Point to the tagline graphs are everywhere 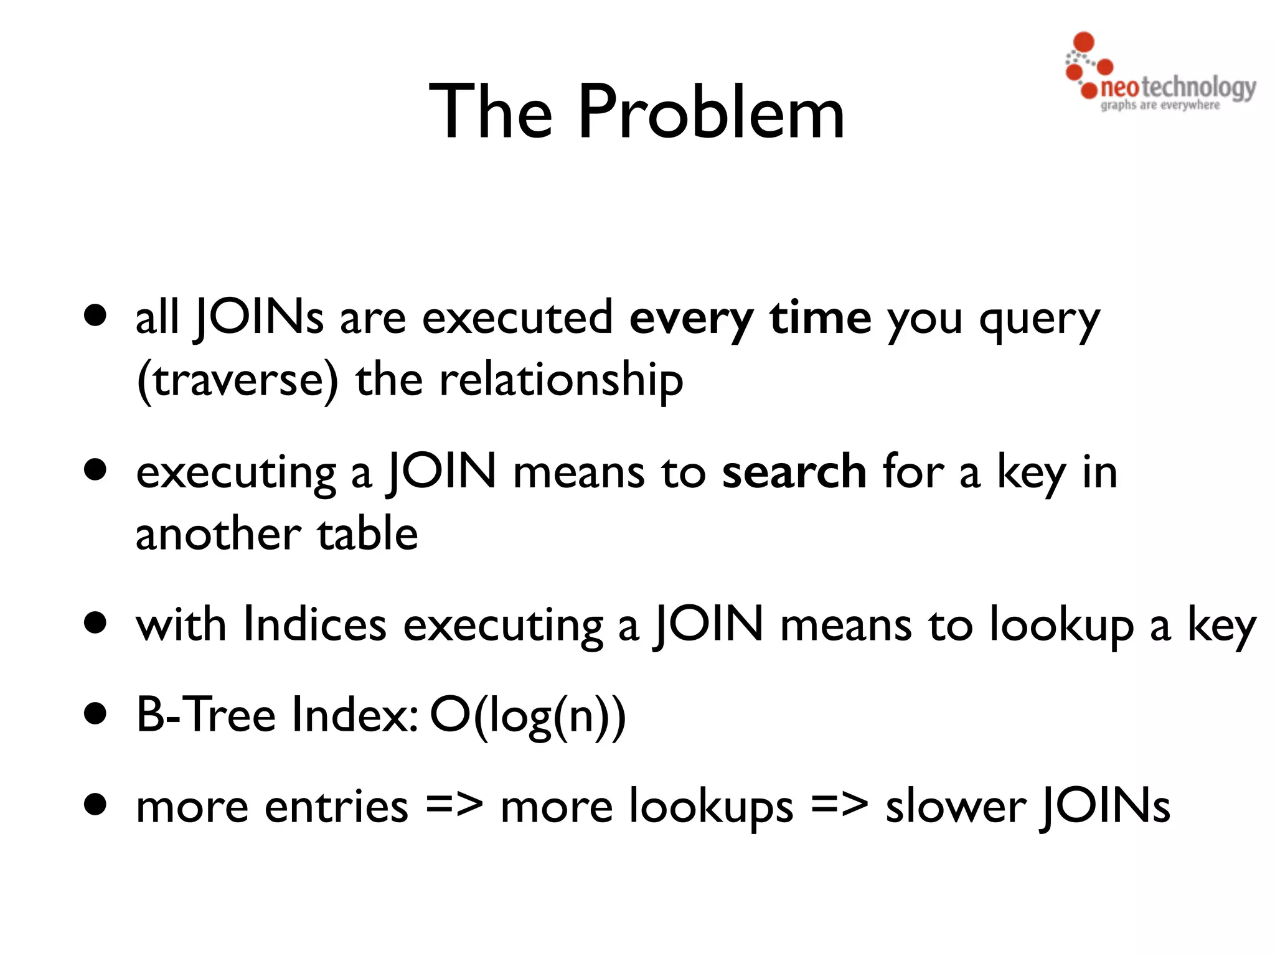pos(1160,105)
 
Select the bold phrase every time pos(750,318)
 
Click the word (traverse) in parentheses pos(237,380)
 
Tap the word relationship pos(561,380)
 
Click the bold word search pos(794,472)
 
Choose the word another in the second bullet pos(218,534)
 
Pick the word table pos(367,534)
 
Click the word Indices pos(314,624)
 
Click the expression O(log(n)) pos(527,716)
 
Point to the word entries pos(336,807)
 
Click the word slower pos(955,807)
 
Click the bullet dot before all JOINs pos(96,316)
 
